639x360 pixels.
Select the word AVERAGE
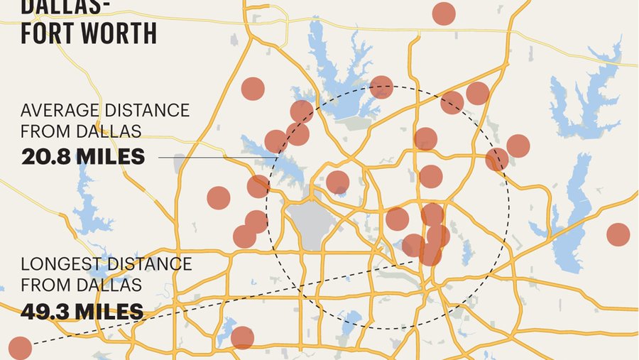[58, 111]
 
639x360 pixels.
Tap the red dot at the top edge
[444, 13]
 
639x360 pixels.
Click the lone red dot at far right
[618, 234]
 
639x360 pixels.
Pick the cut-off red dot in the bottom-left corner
[19, 349]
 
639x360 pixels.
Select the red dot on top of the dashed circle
[381, 87]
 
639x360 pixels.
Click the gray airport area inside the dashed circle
[307, 222]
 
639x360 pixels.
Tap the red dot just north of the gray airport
[337, 182]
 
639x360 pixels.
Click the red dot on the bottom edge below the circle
[242, 338]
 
